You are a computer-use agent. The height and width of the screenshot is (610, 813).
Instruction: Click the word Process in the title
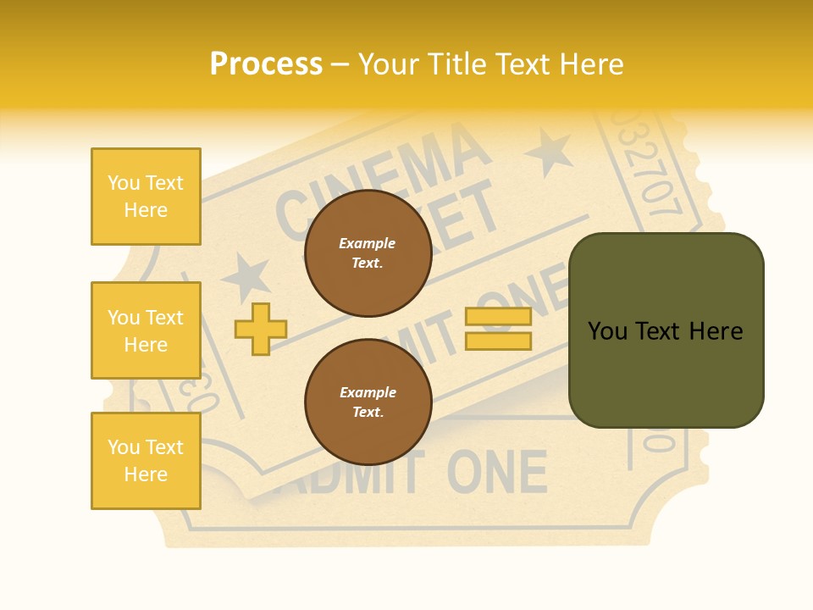266,64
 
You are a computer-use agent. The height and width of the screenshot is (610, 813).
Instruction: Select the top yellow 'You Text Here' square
146,197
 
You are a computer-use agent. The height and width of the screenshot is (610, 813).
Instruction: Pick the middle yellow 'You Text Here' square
146,330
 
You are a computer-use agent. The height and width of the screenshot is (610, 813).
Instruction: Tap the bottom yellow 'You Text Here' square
146,461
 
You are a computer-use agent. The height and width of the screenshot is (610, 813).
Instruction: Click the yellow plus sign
260,329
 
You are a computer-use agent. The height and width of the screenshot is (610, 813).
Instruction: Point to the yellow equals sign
498,329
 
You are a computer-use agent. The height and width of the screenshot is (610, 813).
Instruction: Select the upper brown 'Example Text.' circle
368,252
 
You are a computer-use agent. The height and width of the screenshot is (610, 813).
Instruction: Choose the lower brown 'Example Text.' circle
368,402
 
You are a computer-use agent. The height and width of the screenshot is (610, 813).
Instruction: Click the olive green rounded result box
666,330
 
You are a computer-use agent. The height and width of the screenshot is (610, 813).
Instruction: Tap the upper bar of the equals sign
498,317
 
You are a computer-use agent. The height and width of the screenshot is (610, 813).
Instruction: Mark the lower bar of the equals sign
498,341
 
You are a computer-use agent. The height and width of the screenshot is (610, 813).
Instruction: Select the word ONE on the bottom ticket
497,472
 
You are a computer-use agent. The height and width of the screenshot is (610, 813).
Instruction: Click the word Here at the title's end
592,64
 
